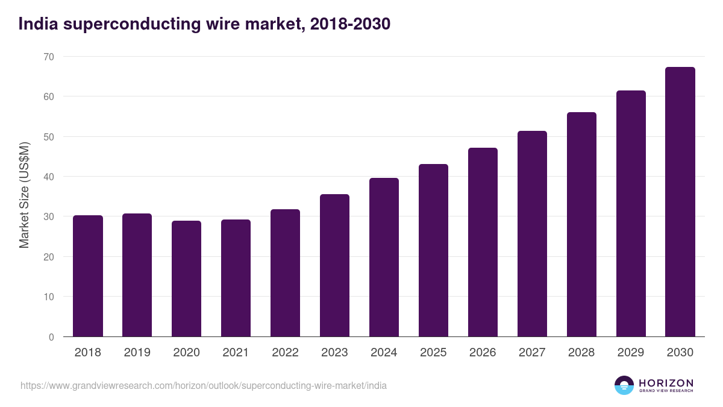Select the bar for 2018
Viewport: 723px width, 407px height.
(x=88, y=276)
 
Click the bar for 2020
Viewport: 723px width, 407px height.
(x=186, y=279)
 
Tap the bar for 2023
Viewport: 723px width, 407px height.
(x=334, y=265)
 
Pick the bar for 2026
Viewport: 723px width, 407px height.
(x=483, y=242)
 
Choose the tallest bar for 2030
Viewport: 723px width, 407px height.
(x=680, y=202)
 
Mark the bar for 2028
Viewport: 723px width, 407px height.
(x=581, y=224)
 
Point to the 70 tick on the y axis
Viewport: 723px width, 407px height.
(x=48, y=57)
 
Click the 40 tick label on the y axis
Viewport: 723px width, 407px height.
(x=48, y=177)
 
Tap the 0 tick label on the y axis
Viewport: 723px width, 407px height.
(x=51, y=337)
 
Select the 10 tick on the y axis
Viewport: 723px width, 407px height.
(x=48, y=297)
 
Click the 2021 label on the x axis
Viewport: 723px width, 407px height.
(x=236, y=353)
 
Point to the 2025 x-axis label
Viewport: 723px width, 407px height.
(x=433, y=353)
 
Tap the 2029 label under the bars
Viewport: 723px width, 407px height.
(x=631, y=353)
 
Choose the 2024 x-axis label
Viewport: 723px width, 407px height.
(x=384, y=353)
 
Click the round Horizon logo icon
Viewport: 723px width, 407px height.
(x=624, y=385)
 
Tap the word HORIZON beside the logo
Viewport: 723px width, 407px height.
(x=666, y=383)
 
